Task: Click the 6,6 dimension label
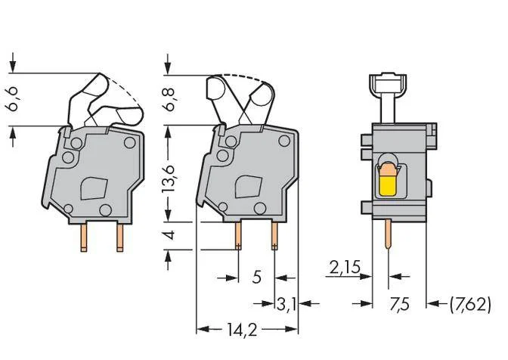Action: tap(14, 99)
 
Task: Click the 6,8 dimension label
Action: tap(169, 99)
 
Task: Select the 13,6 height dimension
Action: tap(169, 178)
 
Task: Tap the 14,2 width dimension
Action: tap(242, 330)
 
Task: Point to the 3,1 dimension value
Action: tap(286, 304)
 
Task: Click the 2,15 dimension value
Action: tap(345, 268)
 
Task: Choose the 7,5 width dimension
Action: tap(399, 305)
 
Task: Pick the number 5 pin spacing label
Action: tap(256, 278)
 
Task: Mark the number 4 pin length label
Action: tap(169, 235)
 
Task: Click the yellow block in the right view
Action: tap(388, 185)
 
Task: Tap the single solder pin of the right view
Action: tap(388, 234)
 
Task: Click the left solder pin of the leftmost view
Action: tap(84, 237)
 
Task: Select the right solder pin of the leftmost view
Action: tap(120, 237)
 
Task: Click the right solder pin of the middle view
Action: tap(274, 236)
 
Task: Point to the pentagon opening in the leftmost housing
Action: tap(94, 188)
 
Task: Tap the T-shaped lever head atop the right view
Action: tap(388, 83)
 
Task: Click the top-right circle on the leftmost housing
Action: tap(129, 143)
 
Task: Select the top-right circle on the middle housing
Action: tap(284, 141)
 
